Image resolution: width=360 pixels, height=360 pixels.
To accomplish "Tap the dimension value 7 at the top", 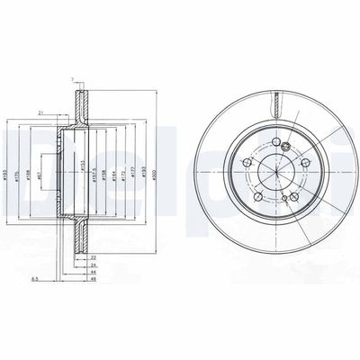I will pyautogui.click(x=72, y=82).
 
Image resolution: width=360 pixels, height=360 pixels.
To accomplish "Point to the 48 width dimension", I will pyautogui.click(x=93, y=280).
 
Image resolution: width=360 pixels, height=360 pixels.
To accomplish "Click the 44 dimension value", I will pyautogui.click(x=93, y=273).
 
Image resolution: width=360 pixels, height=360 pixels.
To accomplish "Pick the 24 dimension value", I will pyautogui.click(x=93, y=265).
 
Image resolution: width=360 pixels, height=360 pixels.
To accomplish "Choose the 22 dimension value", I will pyautogui.click(x=93, y=257).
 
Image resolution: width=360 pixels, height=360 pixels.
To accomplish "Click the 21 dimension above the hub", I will pyautogui.click(x=41, y=112).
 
